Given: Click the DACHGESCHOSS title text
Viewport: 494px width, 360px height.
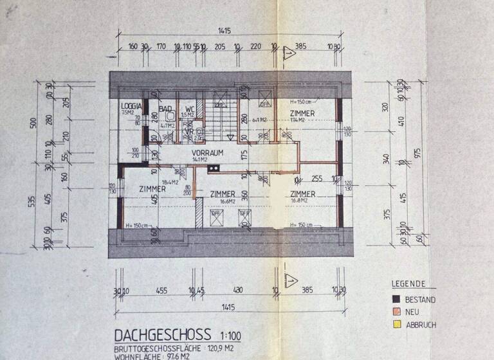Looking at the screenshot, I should pyautogui.click(x=161, y=335).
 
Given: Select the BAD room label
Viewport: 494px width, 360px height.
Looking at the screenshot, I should pyautogui.click(x=165, y=109).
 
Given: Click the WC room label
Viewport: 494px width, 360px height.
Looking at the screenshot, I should pyautogui.click(x=190, y=109).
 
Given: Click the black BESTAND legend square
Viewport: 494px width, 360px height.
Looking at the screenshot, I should pyautogui.click(x=397, y=300).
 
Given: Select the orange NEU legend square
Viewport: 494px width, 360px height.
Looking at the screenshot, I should pyautogui.click(x=397, y=312).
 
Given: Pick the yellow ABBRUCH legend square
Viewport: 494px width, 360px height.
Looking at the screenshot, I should pyautogui.click(x=397, y=324).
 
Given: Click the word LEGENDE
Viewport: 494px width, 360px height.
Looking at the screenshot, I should pyautogui.click(x=408, y=283).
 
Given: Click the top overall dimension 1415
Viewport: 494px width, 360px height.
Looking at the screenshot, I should pyautogui.click(x=224, y=30).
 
